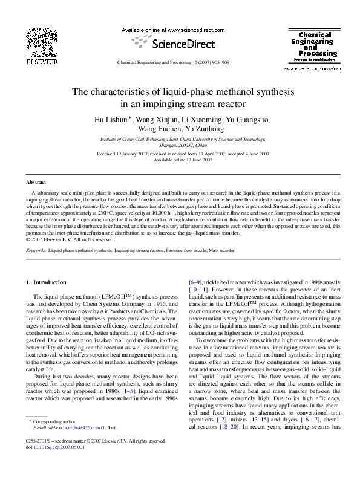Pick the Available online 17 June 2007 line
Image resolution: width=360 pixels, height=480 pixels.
point(183,160)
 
